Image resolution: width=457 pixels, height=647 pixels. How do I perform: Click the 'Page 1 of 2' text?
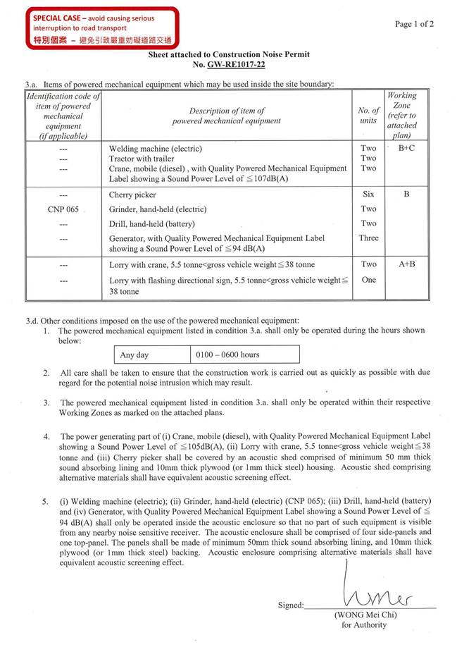click(x=414, y=24)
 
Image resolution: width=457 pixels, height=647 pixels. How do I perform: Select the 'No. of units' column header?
click(x=368, y=116)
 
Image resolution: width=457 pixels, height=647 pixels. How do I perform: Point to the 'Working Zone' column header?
click(x=402, y=116)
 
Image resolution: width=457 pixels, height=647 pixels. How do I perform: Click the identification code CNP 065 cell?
click(x=63, y=209)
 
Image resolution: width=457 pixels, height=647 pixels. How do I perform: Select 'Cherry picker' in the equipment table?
click(x=132, y=195)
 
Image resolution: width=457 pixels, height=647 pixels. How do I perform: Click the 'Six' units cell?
click(x=368, y=195)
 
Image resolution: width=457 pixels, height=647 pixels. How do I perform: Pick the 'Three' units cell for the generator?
click(x=368, y=238)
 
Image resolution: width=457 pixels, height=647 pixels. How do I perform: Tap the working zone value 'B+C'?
click(x=406, y=149)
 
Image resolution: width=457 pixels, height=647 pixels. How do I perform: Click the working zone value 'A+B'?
click(x=406, y=265)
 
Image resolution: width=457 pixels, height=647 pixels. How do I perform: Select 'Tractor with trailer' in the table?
click(x=145, y=159)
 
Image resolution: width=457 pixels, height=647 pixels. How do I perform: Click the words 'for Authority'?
click(x=364, y=624)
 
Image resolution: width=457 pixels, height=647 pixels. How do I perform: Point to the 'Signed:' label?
click(x=292, y=605)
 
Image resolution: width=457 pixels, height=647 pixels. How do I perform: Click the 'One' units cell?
click(x=368, y=280)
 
